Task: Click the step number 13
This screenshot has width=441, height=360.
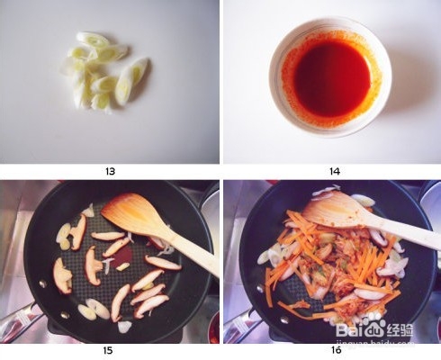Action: pyautogui.click(x=110, y=171)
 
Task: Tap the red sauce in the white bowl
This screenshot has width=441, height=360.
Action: pyautogui.click(x=331, y=76)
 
